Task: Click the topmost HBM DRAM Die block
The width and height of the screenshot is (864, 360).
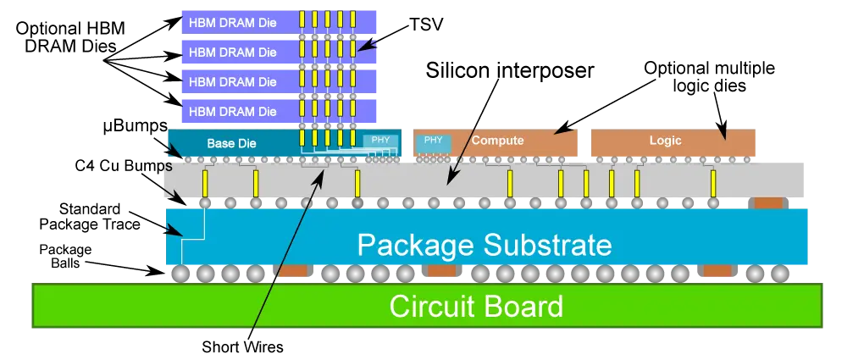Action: (x=280, y=23)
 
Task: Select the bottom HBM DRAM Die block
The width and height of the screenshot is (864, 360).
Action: (x=280, y=111)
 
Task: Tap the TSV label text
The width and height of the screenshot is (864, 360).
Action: (x=426, y=25)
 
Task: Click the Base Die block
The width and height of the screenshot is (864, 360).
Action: (x=285, y=143)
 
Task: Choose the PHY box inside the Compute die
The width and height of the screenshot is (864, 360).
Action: (x=434, y=141)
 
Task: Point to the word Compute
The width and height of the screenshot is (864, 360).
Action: (x=497, y=141)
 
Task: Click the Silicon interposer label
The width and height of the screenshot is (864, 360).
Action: (x=510, y=70)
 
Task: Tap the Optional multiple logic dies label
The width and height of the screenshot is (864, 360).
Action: (x=710, y=77)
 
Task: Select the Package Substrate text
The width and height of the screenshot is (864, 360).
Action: (x=485, y=245)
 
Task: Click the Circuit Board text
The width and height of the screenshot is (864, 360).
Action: (x=476, y=306)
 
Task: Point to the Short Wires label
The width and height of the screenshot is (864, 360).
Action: (x=242, y=347)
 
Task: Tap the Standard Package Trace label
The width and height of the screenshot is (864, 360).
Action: (x=99, y=217)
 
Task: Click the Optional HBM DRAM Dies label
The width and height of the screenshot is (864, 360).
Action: (x=64, y=36)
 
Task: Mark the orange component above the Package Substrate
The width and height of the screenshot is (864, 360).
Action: (x=768, y=203)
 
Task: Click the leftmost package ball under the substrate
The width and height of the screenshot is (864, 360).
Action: (x=180, y=274)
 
